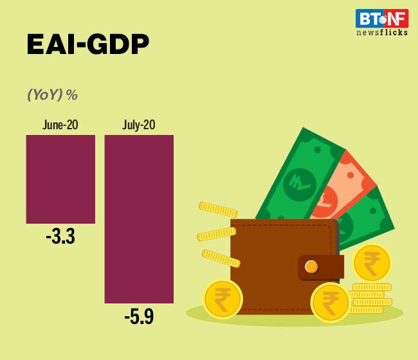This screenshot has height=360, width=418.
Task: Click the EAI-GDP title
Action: pyautogui.click(x=87, y=45)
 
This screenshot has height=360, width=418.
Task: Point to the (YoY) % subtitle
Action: pyautogui.click(x=52, y=94)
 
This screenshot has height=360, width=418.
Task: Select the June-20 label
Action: pyautogui.click(x=60, y=125)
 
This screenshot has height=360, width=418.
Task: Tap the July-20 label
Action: pyautogui.click(x=139, y=125)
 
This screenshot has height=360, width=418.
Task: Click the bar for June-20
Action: pyautogui.click(x=60, y=179)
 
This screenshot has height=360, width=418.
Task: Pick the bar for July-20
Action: pyautogui.click(x=139, y=219)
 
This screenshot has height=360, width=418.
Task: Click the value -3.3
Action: pyautogui.click(x=60, y=237)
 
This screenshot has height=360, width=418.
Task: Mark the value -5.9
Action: pyautogui.click(x=139, y=316)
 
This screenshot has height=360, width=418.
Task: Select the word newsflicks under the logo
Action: pyautogui.click(x=382, y=33)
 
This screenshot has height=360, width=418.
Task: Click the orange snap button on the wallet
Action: pyautogui.click(x=311, y=266)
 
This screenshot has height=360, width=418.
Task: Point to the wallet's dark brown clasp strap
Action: pyautogui.click(x=318, y=267)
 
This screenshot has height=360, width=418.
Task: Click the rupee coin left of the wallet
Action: pyautogui.click(x=223, y=298)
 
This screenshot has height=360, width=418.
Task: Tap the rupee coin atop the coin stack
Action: pyautogui.click(x=372, y=262)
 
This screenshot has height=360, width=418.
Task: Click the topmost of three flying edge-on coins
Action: pyautogui.click(x=218, y=210)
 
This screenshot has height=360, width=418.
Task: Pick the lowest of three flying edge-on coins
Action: pyautogui.click(x=221, y=258)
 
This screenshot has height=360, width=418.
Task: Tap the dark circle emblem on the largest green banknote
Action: pyautogui.click(x=300, y=184)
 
